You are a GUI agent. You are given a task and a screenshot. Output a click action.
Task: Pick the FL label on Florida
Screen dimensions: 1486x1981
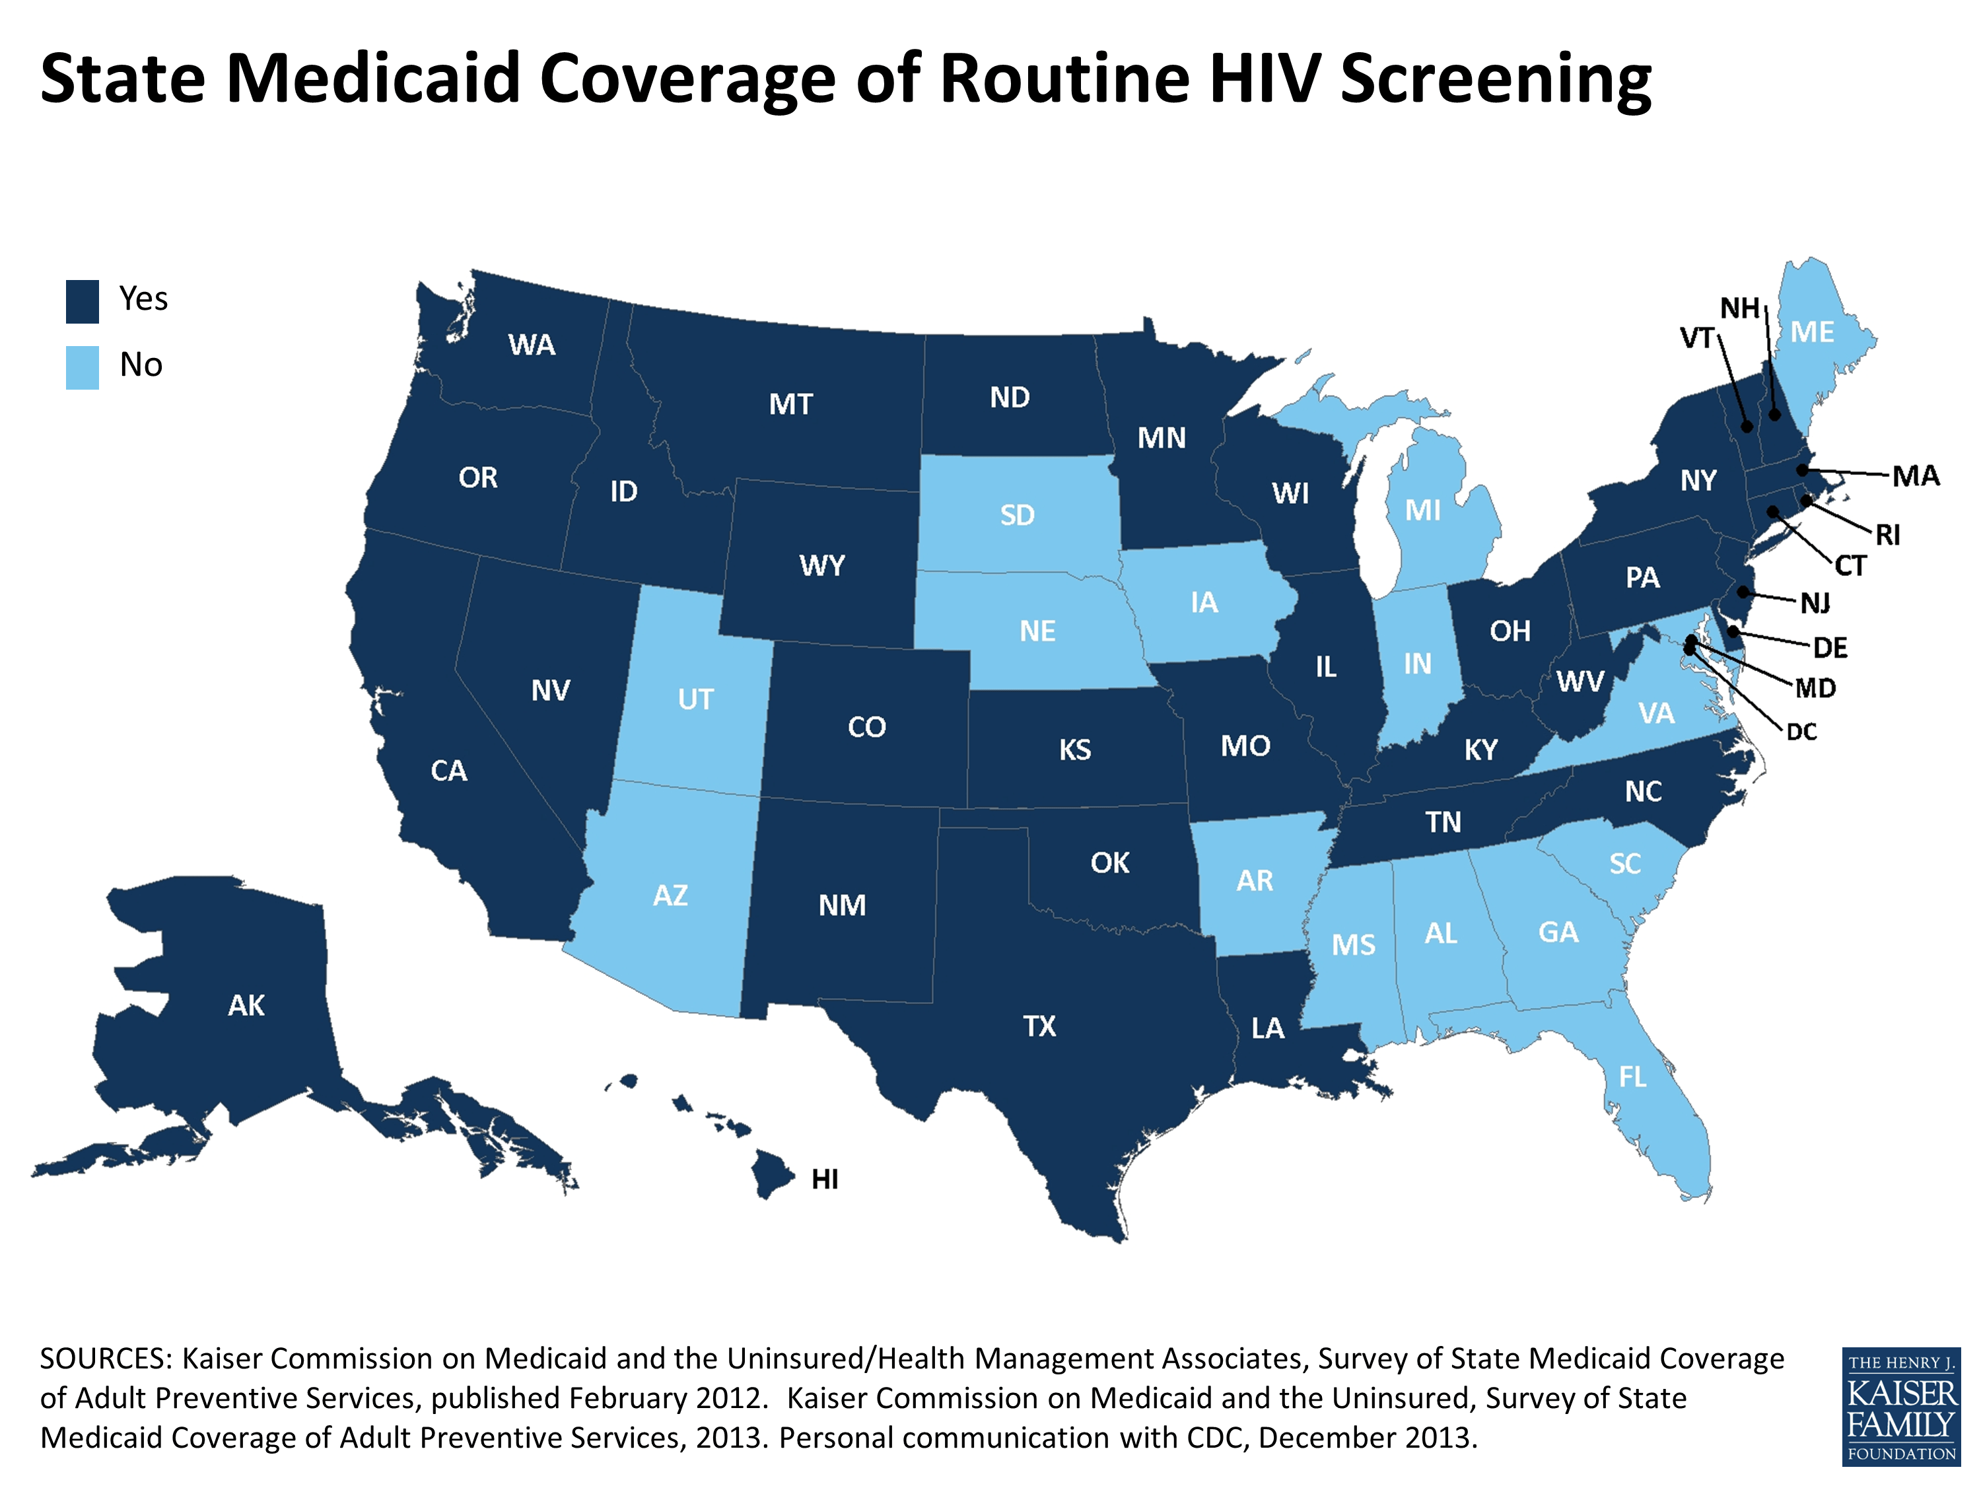tap(1632, 1077)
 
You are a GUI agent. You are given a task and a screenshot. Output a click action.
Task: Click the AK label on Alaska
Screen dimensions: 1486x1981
tap(246, 1005)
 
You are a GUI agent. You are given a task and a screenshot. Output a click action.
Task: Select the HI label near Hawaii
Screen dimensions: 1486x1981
tap(824, 1180)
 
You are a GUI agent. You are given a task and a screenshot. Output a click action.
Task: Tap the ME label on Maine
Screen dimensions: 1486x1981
tap(1812, 332)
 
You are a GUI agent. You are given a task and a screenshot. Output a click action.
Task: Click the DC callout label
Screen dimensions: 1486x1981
tap(1801, 732)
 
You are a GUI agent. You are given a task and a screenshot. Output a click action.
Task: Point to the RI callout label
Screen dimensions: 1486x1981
tap(1887, 536)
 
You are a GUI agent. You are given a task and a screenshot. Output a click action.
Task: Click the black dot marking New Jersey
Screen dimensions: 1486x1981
tap(1743, 592)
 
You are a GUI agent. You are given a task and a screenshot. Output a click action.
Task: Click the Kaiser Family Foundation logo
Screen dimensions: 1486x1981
tap(1900, 1405)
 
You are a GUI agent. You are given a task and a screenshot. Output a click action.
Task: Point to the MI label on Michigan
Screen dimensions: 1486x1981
tap(1422, 511)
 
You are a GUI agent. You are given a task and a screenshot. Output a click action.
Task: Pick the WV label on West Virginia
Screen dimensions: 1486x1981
tap(1580, 682)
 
